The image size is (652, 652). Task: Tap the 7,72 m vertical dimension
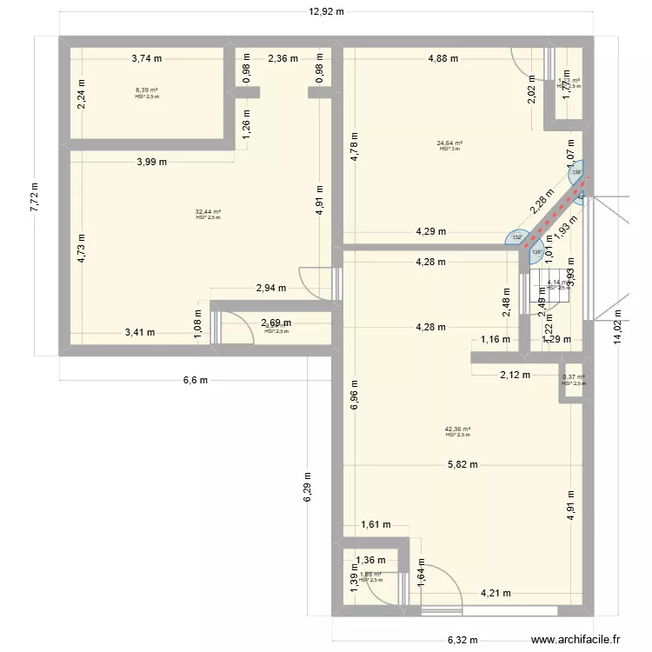pos(35,196)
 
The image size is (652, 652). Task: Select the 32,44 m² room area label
pos(209,212)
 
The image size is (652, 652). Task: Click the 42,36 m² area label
pos(457,429)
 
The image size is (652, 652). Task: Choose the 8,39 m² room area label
pos(147,91)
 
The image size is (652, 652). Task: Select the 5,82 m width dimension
pos(462,464)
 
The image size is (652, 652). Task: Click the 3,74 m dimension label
pos(147,59)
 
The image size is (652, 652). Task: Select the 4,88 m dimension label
pos(442,59)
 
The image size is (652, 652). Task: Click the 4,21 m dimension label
pos(496,595)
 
